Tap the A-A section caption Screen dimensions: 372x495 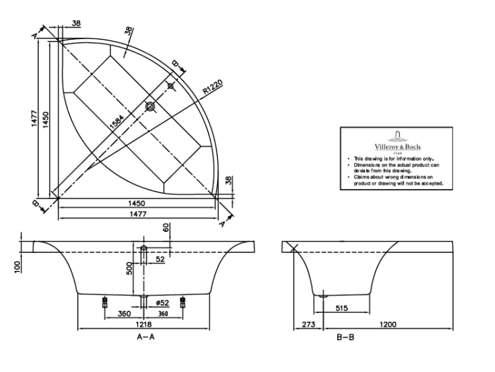coord(145,338)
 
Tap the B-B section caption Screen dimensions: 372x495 coord(345,338)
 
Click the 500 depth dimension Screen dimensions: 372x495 coord(130,268)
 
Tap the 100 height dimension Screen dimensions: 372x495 coord(17,266)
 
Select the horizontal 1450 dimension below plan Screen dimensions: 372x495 coord(137,203)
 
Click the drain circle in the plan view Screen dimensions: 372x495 coord(150,106)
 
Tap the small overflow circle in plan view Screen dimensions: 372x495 coord(171,86)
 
